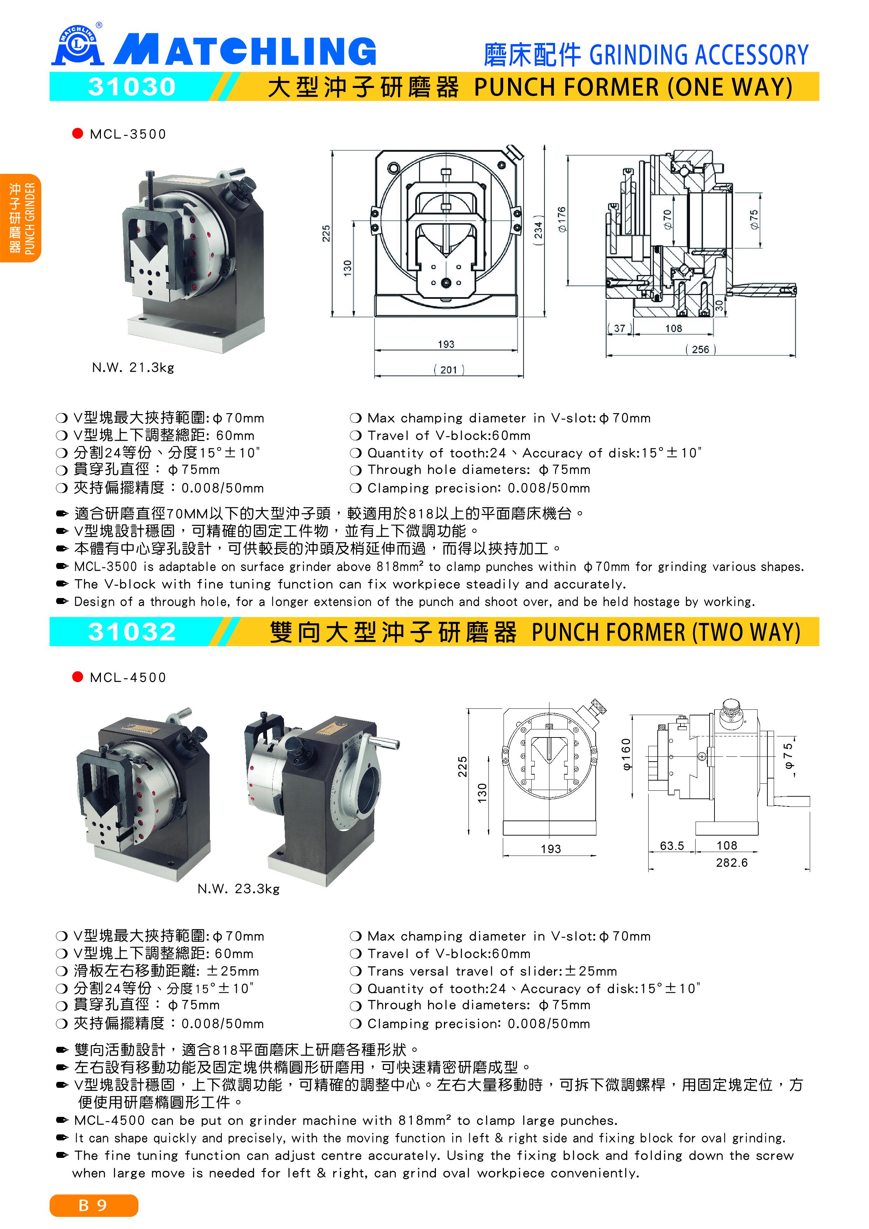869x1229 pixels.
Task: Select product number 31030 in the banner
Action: [132, 87]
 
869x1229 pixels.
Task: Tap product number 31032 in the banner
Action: [132, 632]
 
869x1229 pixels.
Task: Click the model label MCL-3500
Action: [128, 134]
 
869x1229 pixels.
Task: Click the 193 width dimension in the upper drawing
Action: [446, 344]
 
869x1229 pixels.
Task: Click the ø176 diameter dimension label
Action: [561, 219]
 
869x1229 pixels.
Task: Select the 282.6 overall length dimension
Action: [731, 863]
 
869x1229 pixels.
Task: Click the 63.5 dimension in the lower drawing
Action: [672, 846]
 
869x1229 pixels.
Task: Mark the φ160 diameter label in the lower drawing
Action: [627, 754]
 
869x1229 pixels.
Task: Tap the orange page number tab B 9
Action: [94, 1206]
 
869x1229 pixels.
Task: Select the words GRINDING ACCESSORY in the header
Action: [699, 55]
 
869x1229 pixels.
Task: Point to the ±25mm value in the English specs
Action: [591, 971]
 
